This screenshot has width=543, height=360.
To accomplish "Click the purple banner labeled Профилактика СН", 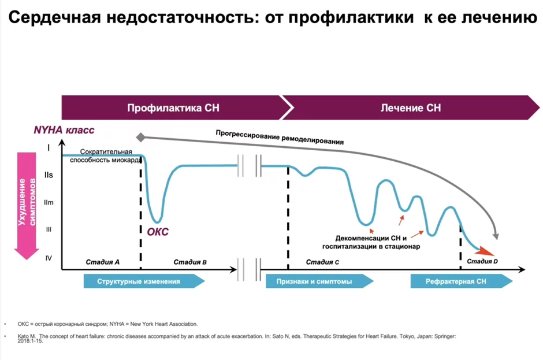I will pyautogui.click(x=173, y=108).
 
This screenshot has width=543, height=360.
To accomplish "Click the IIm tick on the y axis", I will pyautogui.click(x=49, y=202).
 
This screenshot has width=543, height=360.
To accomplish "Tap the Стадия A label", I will pyautogui.click(x=102, y=262).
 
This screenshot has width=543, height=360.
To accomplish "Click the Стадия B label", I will pyautogui.click(x=190, y=262).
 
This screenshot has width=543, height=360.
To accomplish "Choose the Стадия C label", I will pyautogui.click(x=322, y=262).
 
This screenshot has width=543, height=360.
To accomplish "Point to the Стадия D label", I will pyautogui.click(x=482, y=262).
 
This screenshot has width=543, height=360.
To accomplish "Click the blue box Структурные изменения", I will pyautogui.click(x=139, y=281).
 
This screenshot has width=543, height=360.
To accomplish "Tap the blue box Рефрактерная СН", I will pyautogui.click(x=456, y=281).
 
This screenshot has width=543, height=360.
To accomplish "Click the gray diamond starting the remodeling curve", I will pyautogui.click(x=140, y=137).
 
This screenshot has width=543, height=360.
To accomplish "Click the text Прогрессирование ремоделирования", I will pyautogui.click(x=280, y=136).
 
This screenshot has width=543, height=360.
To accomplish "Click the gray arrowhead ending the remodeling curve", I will pyautogui.click(x=495, y=235).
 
